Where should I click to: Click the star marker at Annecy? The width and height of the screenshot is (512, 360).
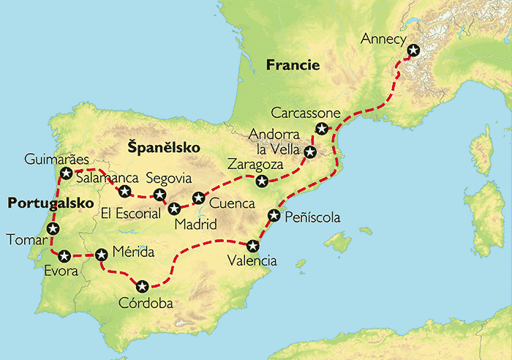tap(414, 50)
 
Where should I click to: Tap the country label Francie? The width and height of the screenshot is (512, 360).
tap(293, 65)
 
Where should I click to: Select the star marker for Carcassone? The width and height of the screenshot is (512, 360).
tap(321, 129)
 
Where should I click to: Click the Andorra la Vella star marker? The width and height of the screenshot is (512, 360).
tap(310, 152)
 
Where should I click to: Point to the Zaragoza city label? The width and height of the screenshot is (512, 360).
tap(254, 163)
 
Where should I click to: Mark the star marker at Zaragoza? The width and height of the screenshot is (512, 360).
tap(261, 180)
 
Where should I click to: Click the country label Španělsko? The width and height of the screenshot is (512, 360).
tap(164, 148)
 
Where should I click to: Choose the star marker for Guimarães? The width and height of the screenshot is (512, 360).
tap(67, 173)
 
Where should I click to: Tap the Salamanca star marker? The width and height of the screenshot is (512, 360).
tap(124, 192)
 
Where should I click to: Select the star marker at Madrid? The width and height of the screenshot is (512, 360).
tap(174, 209)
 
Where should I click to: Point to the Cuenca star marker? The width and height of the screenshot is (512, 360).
tap(197, 198)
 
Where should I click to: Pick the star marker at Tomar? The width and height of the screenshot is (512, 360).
tap(52, 229)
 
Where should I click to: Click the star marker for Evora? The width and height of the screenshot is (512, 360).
tap(64, 256)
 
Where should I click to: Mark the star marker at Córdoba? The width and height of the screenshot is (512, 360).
tap(142, 286)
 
